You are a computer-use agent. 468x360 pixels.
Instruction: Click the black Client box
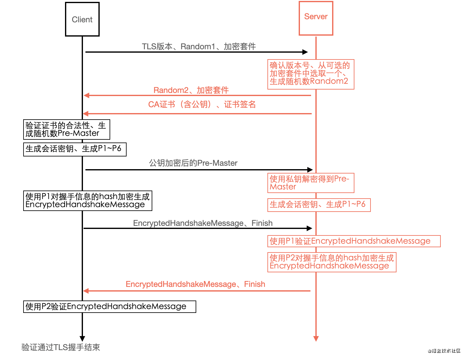click(82, 19)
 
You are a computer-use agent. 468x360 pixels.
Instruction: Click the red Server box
click(316, 18)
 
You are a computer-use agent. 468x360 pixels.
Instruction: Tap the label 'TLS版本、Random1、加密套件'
click(199, 46)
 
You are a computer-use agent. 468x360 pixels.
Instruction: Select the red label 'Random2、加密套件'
click(191, 90)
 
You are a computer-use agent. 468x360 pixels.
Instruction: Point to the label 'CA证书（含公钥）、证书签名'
click(202, 104)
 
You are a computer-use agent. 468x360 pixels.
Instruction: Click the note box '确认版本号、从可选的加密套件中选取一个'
click(310, 74)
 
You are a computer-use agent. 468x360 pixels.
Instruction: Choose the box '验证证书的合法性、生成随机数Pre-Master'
click(67, 130)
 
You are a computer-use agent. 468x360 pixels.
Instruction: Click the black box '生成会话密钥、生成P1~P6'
click(75, 149)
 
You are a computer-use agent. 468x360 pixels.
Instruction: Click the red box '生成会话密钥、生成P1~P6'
click(319, 204)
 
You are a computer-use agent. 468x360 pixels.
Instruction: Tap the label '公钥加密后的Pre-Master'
click(193, 163)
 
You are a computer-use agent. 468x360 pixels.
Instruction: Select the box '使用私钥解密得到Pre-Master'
click(310, 183)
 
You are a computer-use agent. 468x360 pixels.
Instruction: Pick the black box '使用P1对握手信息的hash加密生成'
click(88, 201)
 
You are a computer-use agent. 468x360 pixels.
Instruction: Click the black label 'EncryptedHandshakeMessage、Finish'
click(203, 223)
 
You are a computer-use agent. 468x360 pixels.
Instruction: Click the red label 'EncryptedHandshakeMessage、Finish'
click(195, 284)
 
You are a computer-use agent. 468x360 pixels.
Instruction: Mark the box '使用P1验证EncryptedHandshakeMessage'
click(353, 241)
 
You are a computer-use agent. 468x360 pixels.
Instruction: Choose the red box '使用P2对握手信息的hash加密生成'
click(332, 262)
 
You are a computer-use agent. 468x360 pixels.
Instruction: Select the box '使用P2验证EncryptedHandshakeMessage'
click(110, 306)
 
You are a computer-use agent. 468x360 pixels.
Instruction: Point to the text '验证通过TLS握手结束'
click(61, 347)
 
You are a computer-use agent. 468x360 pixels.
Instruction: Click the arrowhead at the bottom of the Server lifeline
click(316, 339)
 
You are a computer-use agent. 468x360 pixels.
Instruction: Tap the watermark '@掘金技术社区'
click(444, 351)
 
